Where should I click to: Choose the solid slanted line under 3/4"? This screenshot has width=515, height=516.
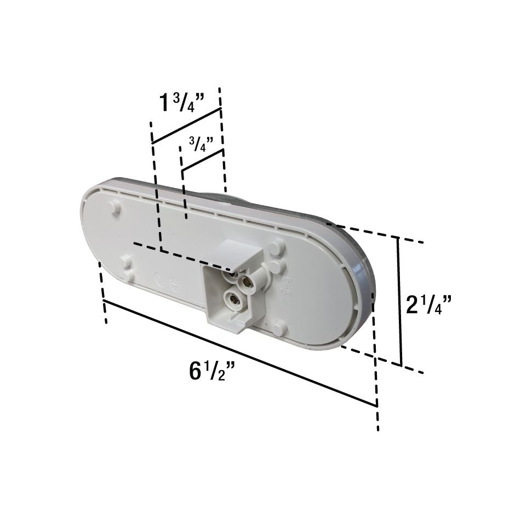pos(202,160)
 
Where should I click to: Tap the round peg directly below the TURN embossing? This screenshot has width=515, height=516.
pos(279,328)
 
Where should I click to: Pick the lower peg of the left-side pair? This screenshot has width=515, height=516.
pos(127,274)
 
